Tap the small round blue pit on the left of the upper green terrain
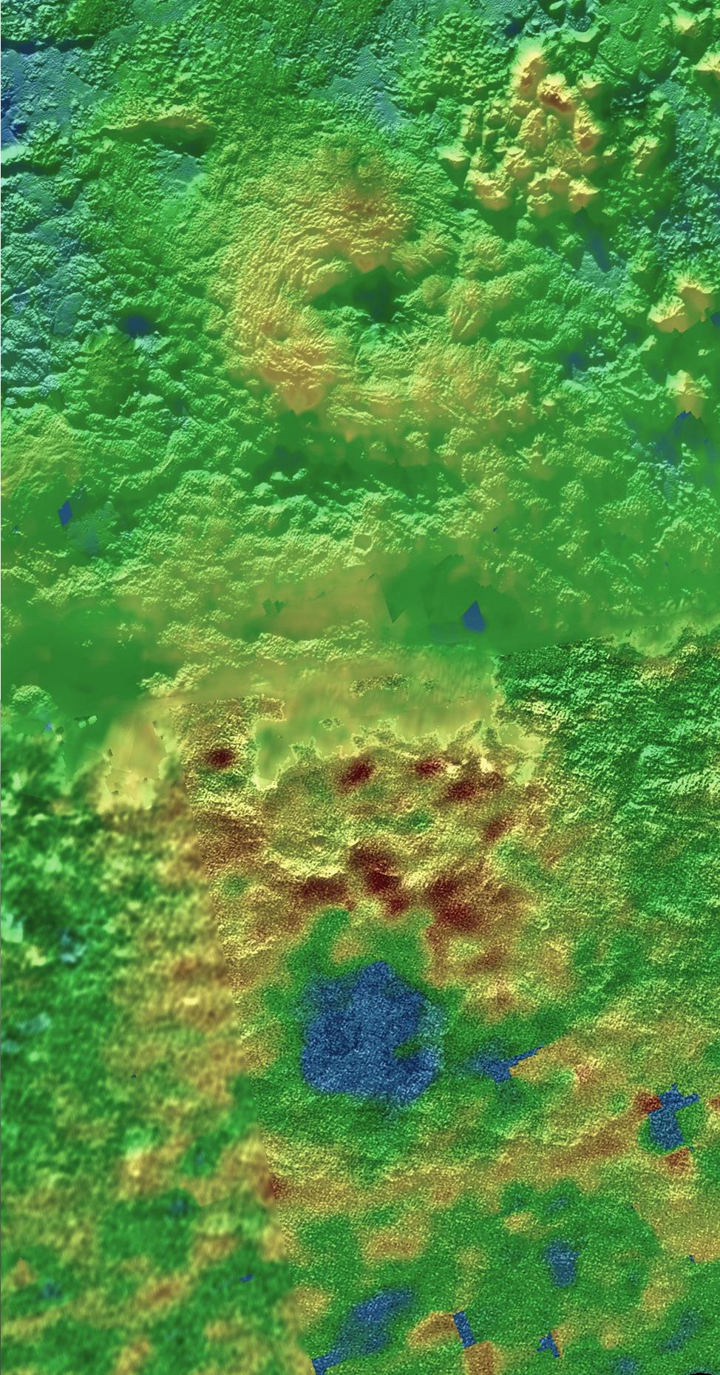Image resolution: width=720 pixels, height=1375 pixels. tap(136, 323)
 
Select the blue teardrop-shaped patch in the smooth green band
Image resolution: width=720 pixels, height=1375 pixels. tap(473, 615)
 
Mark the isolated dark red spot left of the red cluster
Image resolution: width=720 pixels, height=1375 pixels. tap(220, 757)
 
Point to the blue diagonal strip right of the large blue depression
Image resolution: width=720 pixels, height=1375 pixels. tap(510, 1065)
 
